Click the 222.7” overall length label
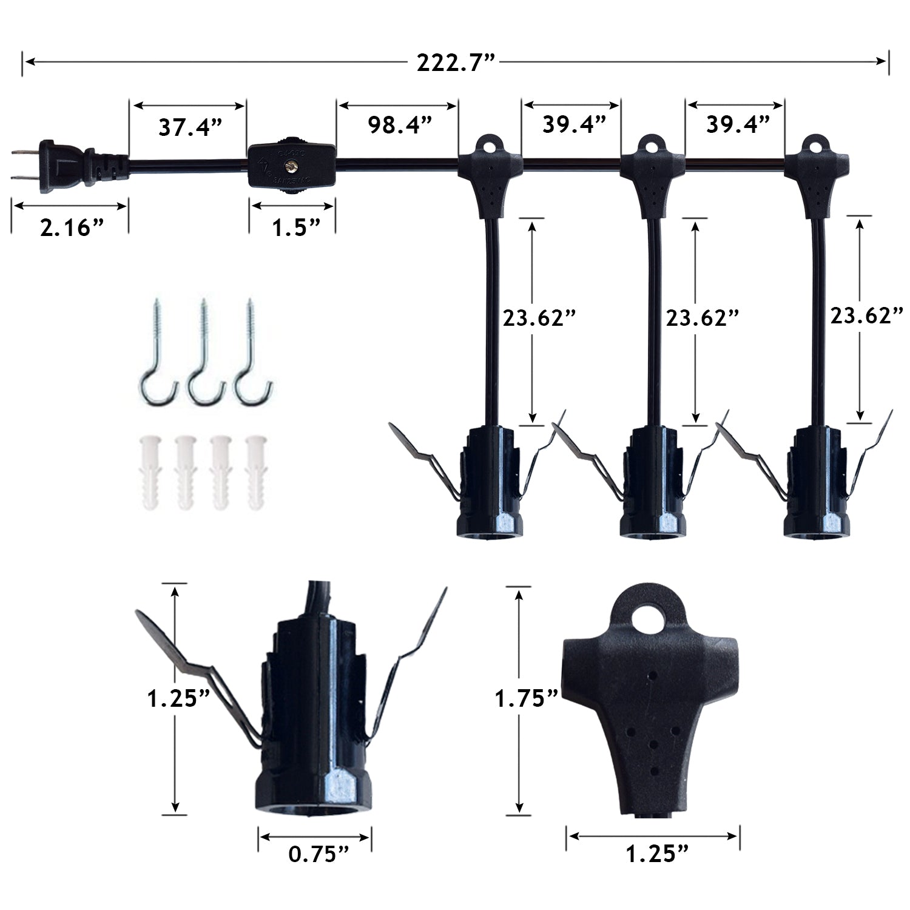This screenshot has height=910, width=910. click(x=456, y=62)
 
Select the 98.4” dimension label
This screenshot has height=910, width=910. click(x=400, y=125)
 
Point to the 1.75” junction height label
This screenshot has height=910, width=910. click(x=526, y=699)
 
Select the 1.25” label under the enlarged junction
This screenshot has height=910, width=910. click(x=657, y=854)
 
